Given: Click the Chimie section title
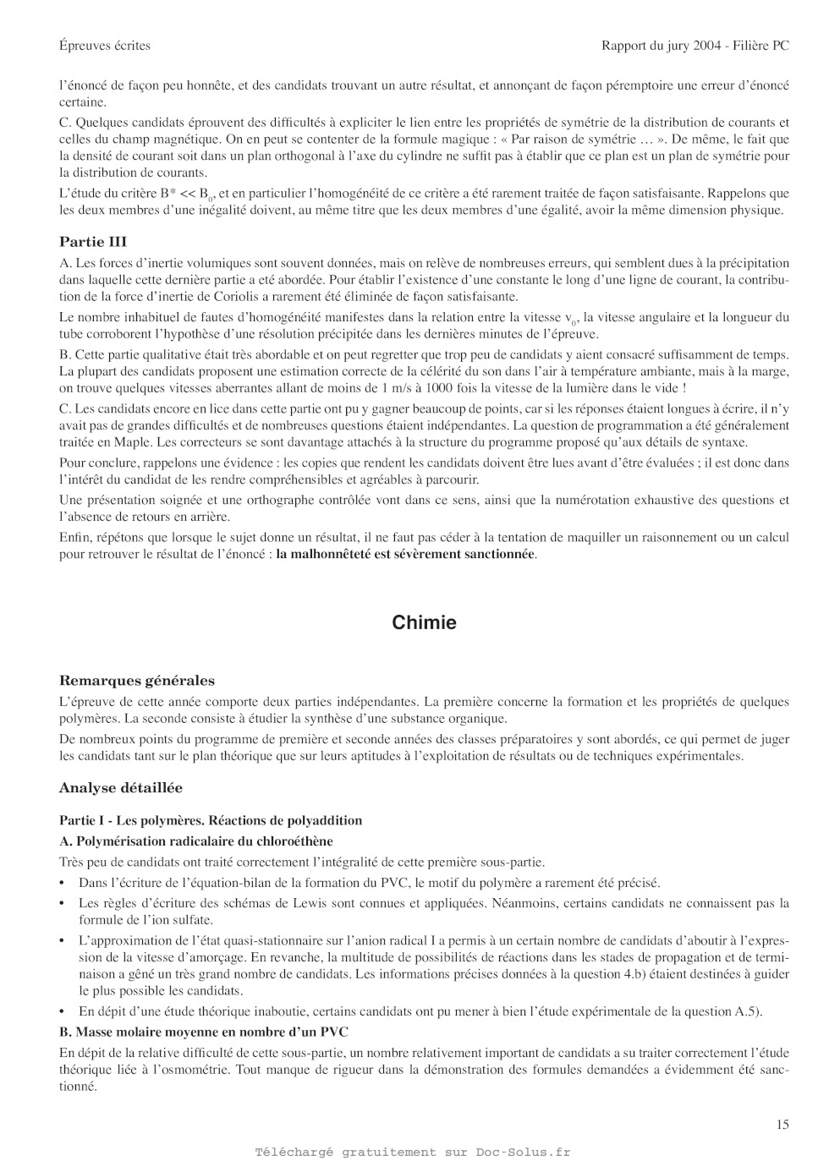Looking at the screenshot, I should point(424,623).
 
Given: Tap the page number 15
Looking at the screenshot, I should point(782,1124).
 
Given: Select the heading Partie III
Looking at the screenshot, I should point(93,242).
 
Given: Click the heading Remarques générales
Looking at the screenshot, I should point(137,681).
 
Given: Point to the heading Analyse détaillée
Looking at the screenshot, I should point(121,788).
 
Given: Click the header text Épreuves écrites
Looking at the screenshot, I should point(105,46).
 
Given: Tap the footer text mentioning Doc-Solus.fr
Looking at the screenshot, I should point(413,1152).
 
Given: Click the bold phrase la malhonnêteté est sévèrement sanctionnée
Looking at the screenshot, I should point(406,555).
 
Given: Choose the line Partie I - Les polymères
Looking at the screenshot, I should point(211,820).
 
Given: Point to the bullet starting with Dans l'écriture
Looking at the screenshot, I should point(369,883).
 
